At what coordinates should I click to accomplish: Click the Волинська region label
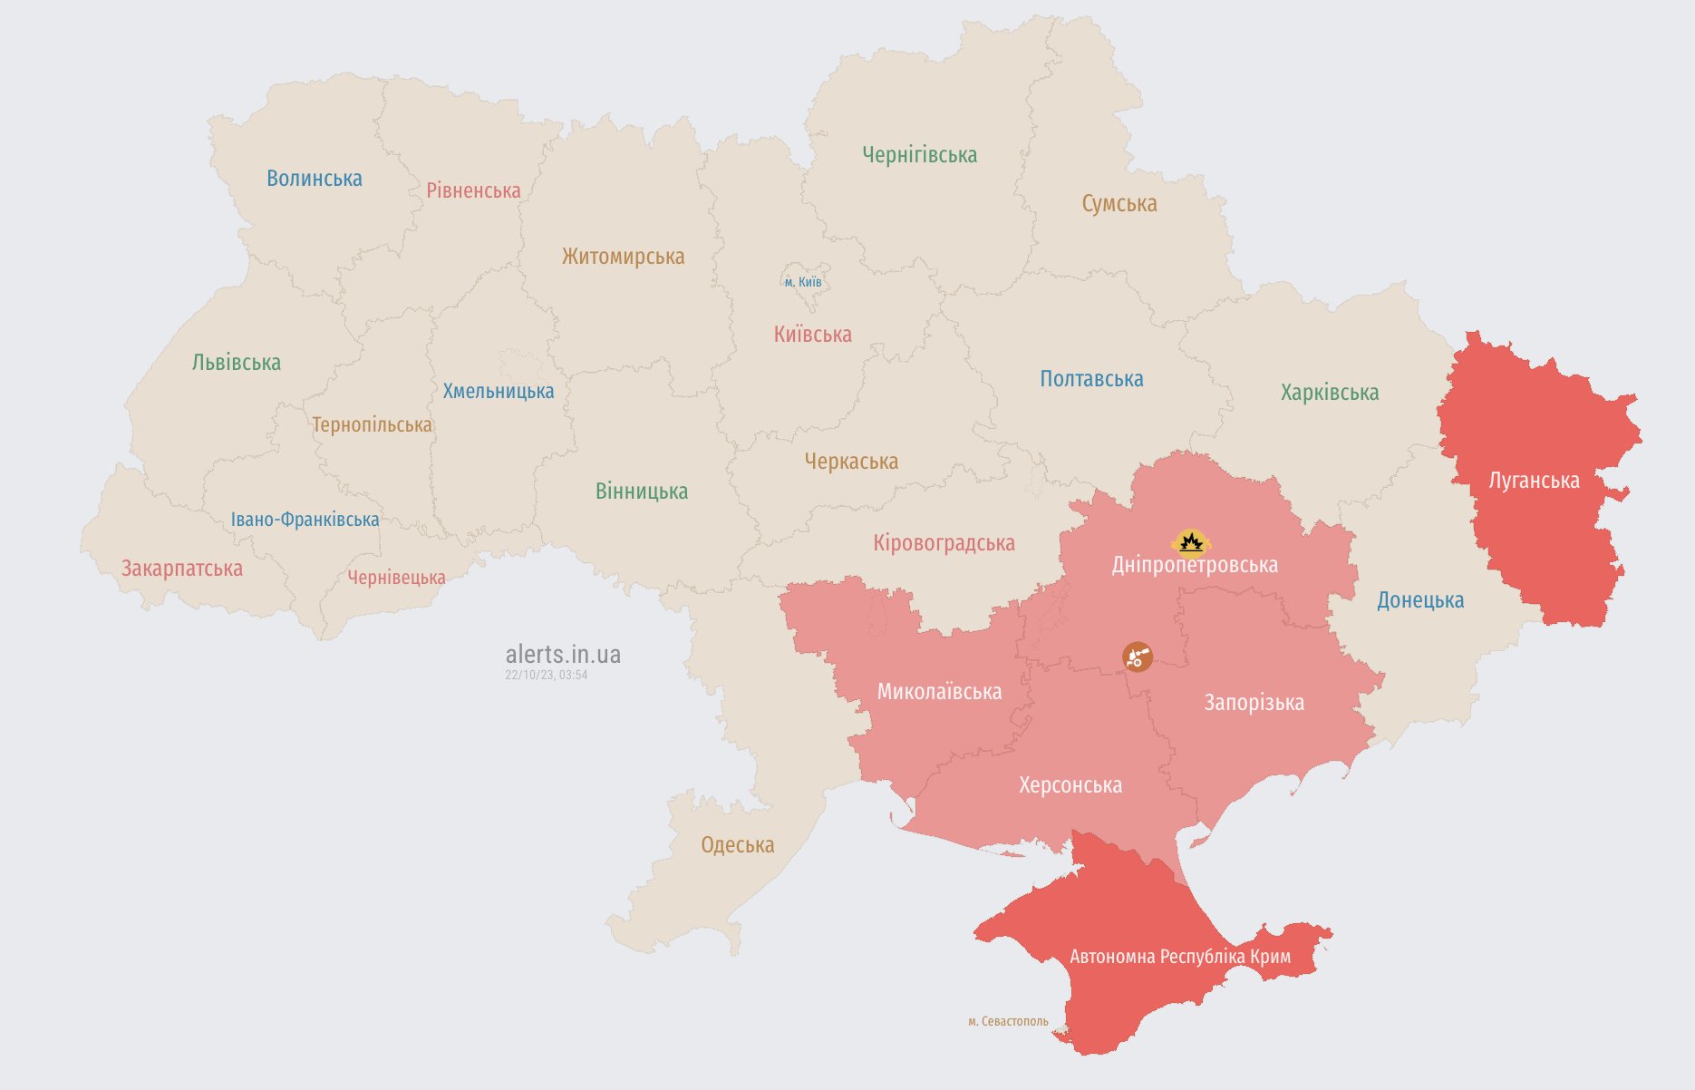(314, 179)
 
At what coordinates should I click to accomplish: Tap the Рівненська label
(473, 190)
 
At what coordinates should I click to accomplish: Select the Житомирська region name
(623, 257)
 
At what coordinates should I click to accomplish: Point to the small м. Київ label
(803, 282)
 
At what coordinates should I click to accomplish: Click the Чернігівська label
(919, 155)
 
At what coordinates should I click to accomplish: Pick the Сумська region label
(1119, 204)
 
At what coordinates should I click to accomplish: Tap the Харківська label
(1329, 393)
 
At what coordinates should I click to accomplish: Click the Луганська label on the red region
(1534, 481)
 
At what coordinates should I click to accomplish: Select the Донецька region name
(1419, 600)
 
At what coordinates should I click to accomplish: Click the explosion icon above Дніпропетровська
(1191, 542)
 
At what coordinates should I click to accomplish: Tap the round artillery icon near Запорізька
(1138, 657)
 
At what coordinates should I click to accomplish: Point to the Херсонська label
(1070, 785)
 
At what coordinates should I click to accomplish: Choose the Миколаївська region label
(939, 692)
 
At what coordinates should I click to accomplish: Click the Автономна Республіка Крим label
(1179, 957)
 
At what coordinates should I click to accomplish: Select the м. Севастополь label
(1008, 1021)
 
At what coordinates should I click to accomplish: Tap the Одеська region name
(737, 845)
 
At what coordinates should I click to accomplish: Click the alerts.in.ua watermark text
(563, 654)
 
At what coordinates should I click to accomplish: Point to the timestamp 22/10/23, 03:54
(547, 675)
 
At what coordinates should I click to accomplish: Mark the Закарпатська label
(182, 569)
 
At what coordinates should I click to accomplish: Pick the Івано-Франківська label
(305, 520)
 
